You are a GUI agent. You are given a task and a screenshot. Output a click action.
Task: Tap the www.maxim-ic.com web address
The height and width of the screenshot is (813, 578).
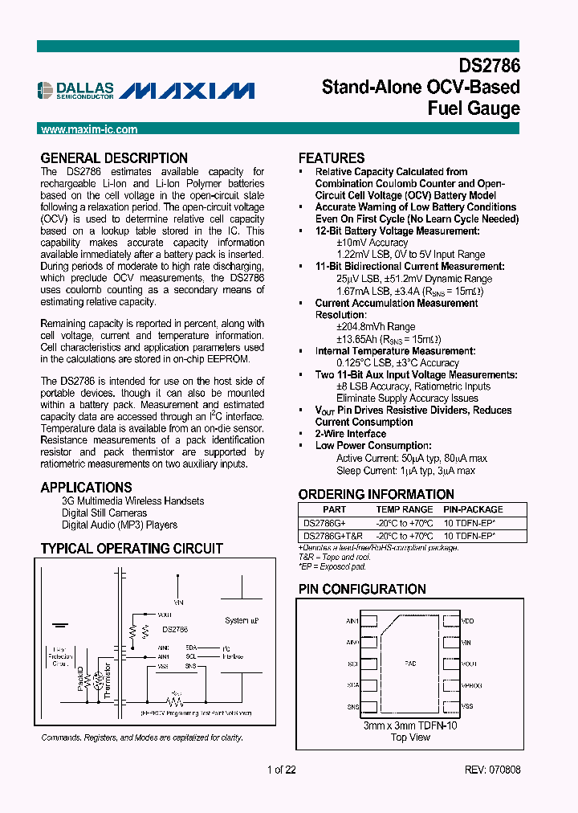[x=89, y=129]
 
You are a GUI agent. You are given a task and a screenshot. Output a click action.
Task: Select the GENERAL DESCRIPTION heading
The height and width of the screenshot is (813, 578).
[x=114, y=158]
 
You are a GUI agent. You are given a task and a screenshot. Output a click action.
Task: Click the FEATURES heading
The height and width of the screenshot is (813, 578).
[x=332, y=158]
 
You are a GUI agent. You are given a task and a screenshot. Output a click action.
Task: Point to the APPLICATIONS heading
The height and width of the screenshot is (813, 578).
[x=86, y=487]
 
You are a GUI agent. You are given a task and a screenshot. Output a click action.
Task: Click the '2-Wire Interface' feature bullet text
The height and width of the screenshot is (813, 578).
[x=351, y=434]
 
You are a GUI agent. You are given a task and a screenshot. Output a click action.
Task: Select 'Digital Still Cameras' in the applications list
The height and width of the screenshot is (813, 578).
[x=104, y=513]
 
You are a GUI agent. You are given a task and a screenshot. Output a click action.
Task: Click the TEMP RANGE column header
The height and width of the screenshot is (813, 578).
[x=405, y=509]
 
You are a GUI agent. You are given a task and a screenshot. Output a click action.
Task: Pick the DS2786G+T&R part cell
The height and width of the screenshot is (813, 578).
[x=332, y=535]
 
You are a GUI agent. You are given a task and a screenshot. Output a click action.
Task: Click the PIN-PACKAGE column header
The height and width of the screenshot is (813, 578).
[x=474, y=509]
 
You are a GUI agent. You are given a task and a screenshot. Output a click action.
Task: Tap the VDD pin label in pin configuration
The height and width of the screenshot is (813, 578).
[x=468, y=621]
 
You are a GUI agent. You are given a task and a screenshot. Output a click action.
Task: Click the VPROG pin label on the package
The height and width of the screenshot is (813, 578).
[x=471, y=685]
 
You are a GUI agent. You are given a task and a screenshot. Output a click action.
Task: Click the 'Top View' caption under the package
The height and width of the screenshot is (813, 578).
[x=409, y=737]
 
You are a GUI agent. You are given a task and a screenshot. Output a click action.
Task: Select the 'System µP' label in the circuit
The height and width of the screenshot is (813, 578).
[x=241, y=621]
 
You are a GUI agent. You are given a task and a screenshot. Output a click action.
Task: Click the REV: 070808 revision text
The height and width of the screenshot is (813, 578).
[x=492, y=769]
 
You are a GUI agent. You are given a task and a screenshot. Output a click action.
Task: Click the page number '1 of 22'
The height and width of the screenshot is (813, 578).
[x=282, y=769]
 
